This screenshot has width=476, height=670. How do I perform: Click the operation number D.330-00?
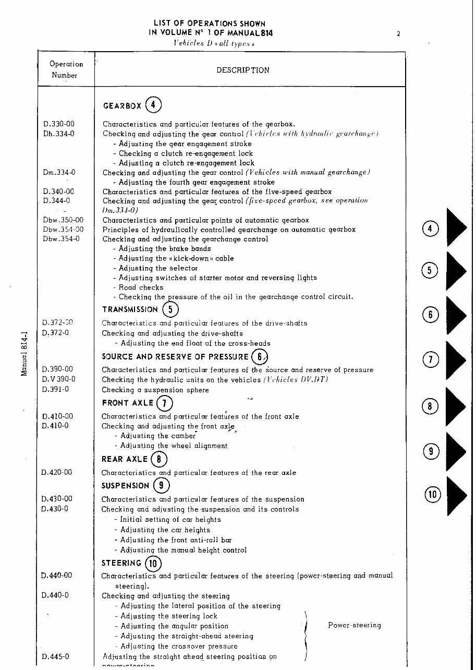pos(58,124)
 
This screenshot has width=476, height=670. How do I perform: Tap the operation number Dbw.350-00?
pos(63,220)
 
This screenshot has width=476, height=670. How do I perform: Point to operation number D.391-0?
pos(55,389)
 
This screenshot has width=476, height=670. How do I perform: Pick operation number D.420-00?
pos(57,472)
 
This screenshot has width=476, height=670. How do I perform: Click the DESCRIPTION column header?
pos(243,70)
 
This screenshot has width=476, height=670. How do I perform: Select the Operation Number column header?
pos(66,69)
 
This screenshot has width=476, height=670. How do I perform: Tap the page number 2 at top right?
pos(398,34)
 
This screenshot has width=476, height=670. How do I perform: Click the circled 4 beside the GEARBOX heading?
pos(153,105)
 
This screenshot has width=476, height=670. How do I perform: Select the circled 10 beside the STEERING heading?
pos(153,564)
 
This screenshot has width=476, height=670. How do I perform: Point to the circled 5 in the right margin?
pos(429,270)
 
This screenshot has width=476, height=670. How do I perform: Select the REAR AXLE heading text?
pos(125,459)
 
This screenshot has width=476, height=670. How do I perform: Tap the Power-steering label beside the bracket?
pos(355,625)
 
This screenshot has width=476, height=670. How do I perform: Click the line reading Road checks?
pos(141,288)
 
